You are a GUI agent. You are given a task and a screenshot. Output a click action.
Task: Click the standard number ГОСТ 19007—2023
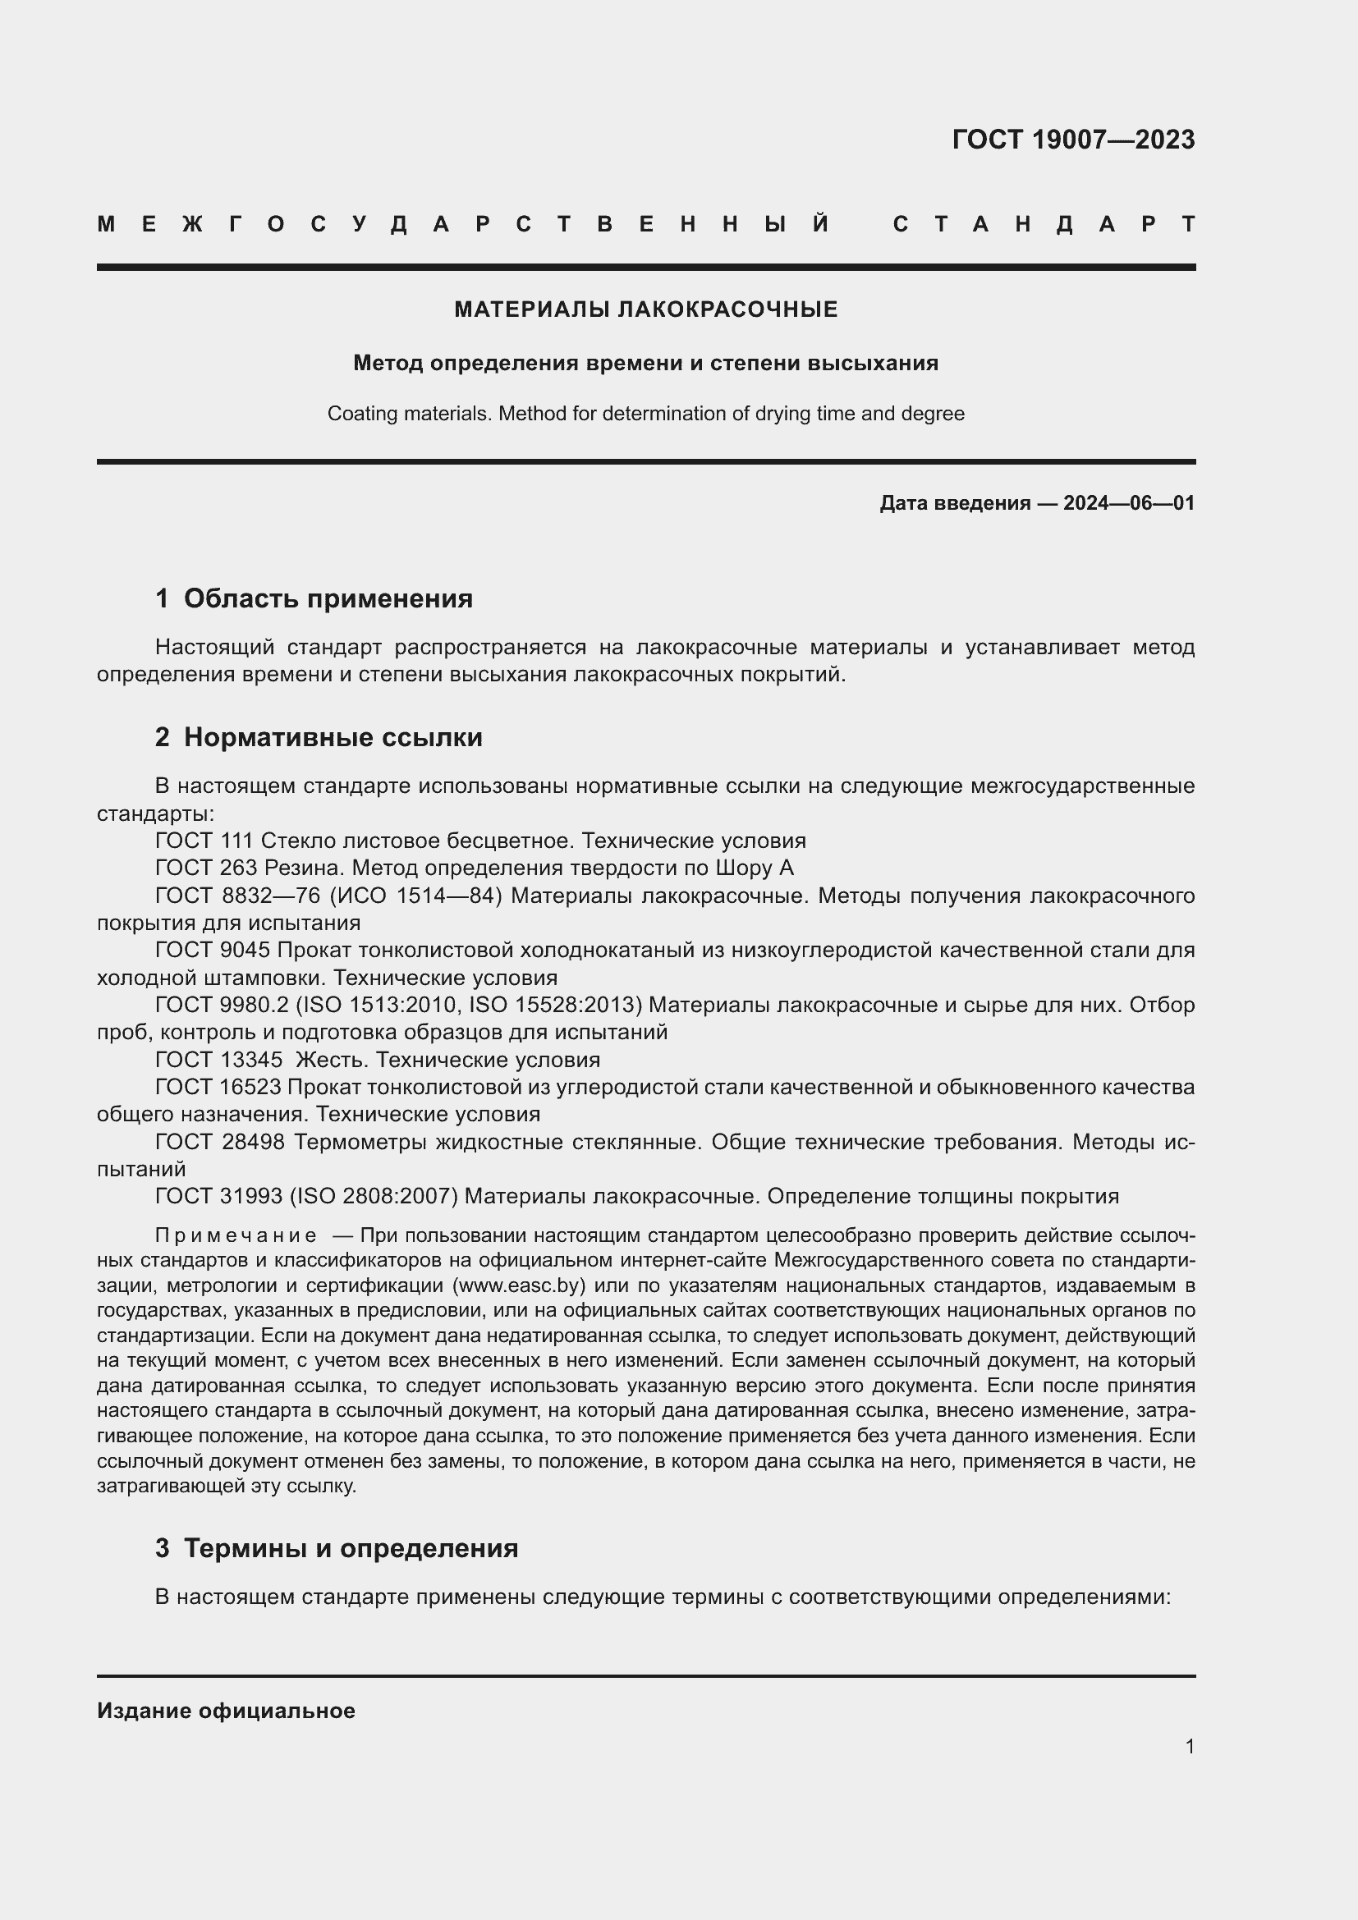pos(1073,140)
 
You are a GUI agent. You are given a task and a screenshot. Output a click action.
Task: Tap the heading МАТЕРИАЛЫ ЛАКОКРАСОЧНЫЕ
pos(645,309)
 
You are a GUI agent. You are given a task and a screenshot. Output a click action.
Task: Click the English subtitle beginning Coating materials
pos(645,414)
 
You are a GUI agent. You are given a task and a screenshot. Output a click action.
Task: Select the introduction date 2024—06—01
pos(1129,503)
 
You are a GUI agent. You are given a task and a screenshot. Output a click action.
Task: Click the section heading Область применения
pos(328,598)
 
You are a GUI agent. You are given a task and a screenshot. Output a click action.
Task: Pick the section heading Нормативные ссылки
pos(333,738)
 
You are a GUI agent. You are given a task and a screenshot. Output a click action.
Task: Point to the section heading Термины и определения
pos(351,1548)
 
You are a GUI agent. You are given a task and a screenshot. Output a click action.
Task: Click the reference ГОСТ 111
pos(205,841)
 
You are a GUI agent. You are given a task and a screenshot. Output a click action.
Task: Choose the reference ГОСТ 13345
pos(219,1061)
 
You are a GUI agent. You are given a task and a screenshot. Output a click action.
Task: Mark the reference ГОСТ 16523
pos(218,1088)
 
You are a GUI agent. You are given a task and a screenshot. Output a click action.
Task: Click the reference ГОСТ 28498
pos(220,1143)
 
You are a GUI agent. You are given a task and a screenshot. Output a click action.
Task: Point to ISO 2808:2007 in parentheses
pos(374,1197)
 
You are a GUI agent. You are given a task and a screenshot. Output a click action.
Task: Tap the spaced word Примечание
pos(236,1236)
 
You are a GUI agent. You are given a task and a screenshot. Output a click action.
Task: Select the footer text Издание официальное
pos(226,1710)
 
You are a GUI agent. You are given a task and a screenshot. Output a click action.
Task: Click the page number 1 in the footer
pos(1189,1746)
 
